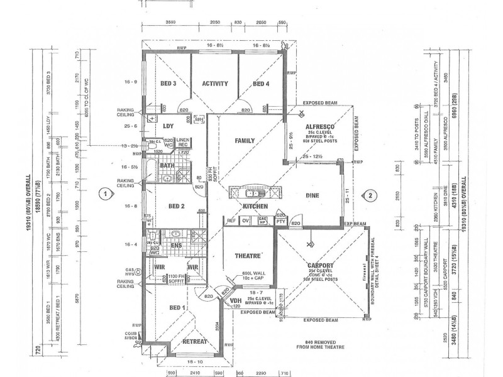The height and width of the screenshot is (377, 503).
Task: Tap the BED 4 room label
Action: pos(261,84)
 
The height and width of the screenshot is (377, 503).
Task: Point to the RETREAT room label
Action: pos(194,341)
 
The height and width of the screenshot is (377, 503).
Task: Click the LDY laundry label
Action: pos(168,126)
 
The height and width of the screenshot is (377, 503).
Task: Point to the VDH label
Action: pos(236,300)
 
